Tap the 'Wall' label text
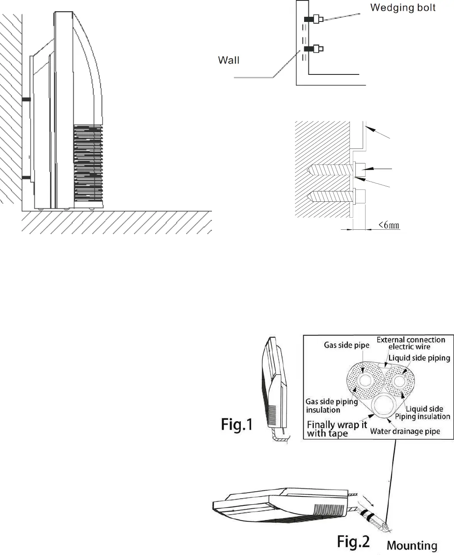[228, 60]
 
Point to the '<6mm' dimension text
[389, 224]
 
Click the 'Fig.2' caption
[353, 541]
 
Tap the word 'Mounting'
[412, 546]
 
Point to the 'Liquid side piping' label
[419, 358]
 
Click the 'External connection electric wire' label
[410, 343]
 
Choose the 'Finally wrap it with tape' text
[337, 429]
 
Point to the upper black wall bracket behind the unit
[26, 99]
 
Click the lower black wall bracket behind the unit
[26, 177]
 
